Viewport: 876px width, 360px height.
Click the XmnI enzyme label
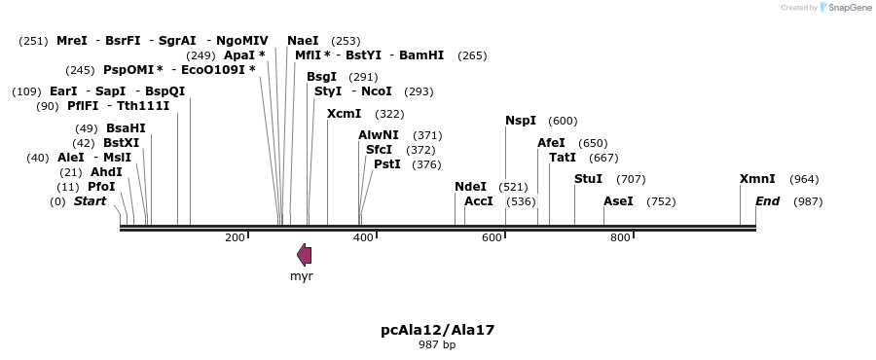tap(757, 179)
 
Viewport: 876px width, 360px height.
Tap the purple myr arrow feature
tap(305, 255)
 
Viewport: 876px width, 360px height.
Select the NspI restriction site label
tap(521, 121)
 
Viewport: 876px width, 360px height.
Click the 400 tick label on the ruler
tap(363, 238)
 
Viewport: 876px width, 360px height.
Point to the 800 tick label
tap(620, 238)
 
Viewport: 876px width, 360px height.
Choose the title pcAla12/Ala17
tap(437, 330)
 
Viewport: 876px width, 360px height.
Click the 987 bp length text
tap(437, 344)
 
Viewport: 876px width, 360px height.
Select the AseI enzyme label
tap(618, 201)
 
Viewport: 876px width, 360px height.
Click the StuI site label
tap(588, 179)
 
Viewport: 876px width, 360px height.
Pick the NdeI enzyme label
tap(470, 187)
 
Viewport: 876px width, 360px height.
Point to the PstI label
tap(387, 164)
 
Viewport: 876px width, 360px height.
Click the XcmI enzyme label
tap(344, 114)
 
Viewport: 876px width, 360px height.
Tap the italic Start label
tap(90, 201)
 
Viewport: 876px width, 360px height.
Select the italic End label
tap(767, 201)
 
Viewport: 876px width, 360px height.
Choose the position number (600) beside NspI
tap(563, 122)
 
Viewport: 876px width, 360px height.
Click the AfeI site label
tap(551, 143)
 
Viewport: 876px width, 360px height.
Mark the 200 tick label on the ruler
tap(235, 238)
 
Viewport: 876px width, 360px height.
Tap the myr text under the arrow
tap(302, 276)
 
